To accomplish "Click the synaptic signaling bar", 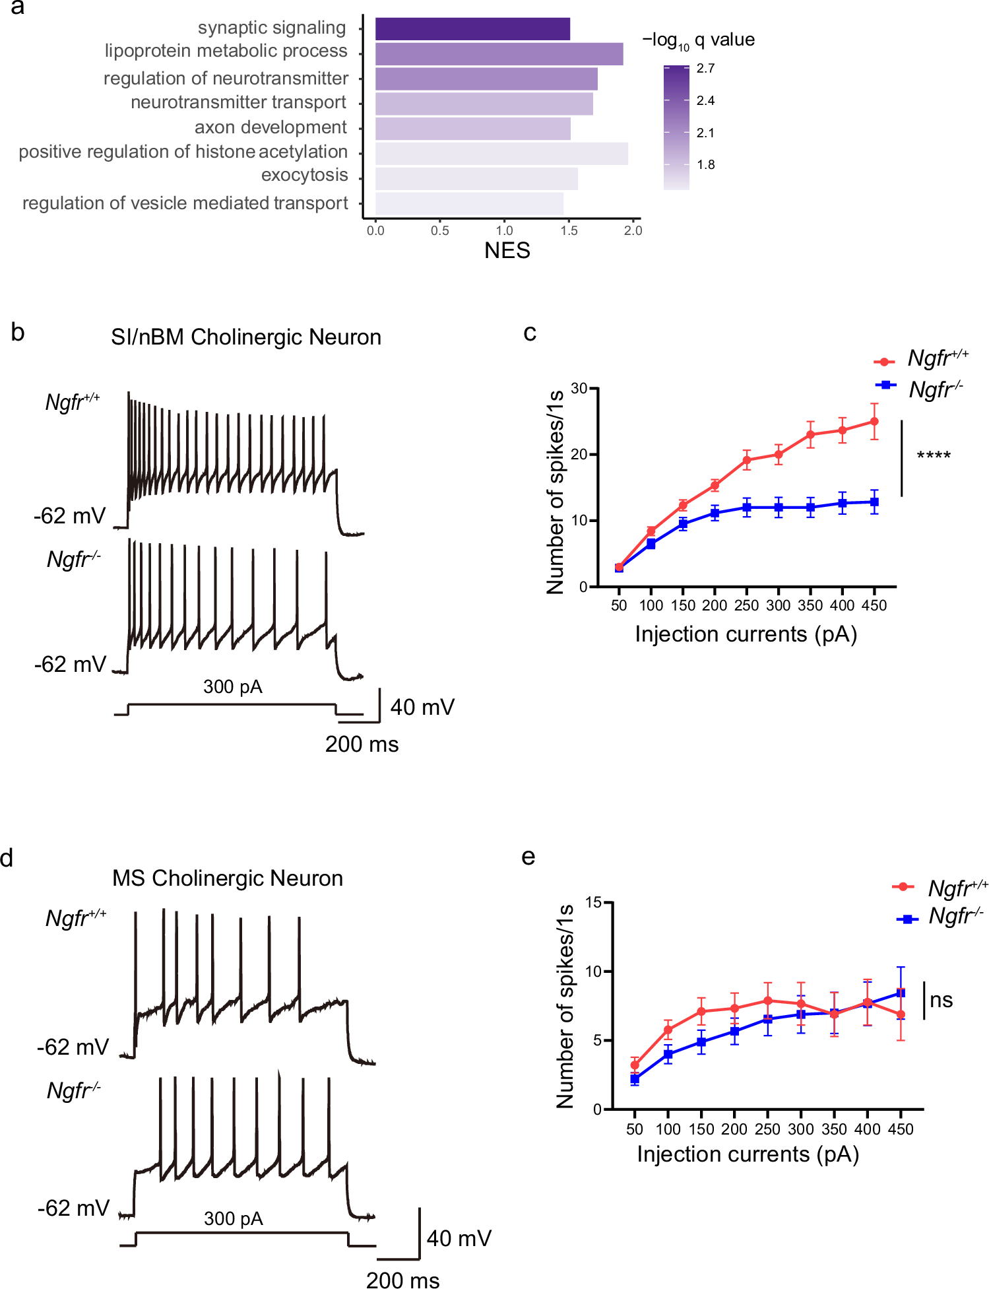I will point(472,29).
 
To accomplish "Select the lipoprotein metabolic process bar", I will point(499,54).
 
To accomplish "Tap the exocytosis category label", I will point(304,175).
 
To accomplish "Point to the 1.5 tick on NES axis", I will point(569,230).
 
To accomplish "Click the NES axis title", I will point(507,251).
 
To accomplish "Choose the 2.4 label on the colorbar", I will point(705,100).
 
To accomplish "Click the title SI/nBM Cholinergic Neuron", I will point(246,337).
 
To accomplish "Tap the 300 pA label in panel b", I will point(232,687).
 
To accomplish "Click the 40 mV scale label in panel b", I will point(422,708).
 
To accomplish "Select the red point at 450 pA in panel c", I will point(874,421).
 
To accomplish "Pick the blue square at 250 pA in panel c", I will point(747,508).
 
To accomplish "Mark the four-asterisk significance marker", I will point(933,456).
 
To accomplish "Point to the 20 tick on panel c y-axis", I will point(579,455).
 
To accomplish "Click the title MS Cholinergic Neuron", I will point(228,878).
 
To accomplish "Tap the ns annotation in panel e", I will point(941,1000).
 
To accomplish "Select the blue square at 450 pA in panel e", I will point(901,993).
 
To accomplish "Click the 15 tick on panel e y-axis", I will point(593,902).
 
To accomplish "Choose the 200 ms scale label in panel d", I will point(402,1280).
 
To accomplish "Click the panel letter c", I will point(529,333).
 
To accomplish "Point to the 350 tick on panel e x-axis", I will point(834,1129).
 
